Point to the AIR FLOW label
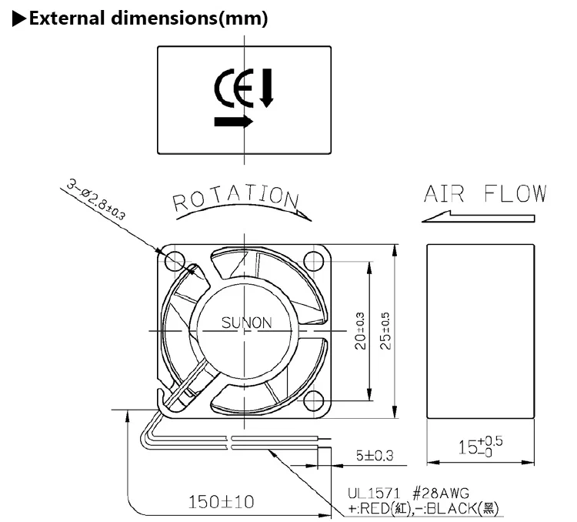tap(485, 193)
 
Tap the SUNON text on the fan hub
tap(246, 323)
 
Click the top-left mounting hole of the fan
tap(172, 259)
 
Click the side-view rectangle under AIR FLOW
tap(479, 331)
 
